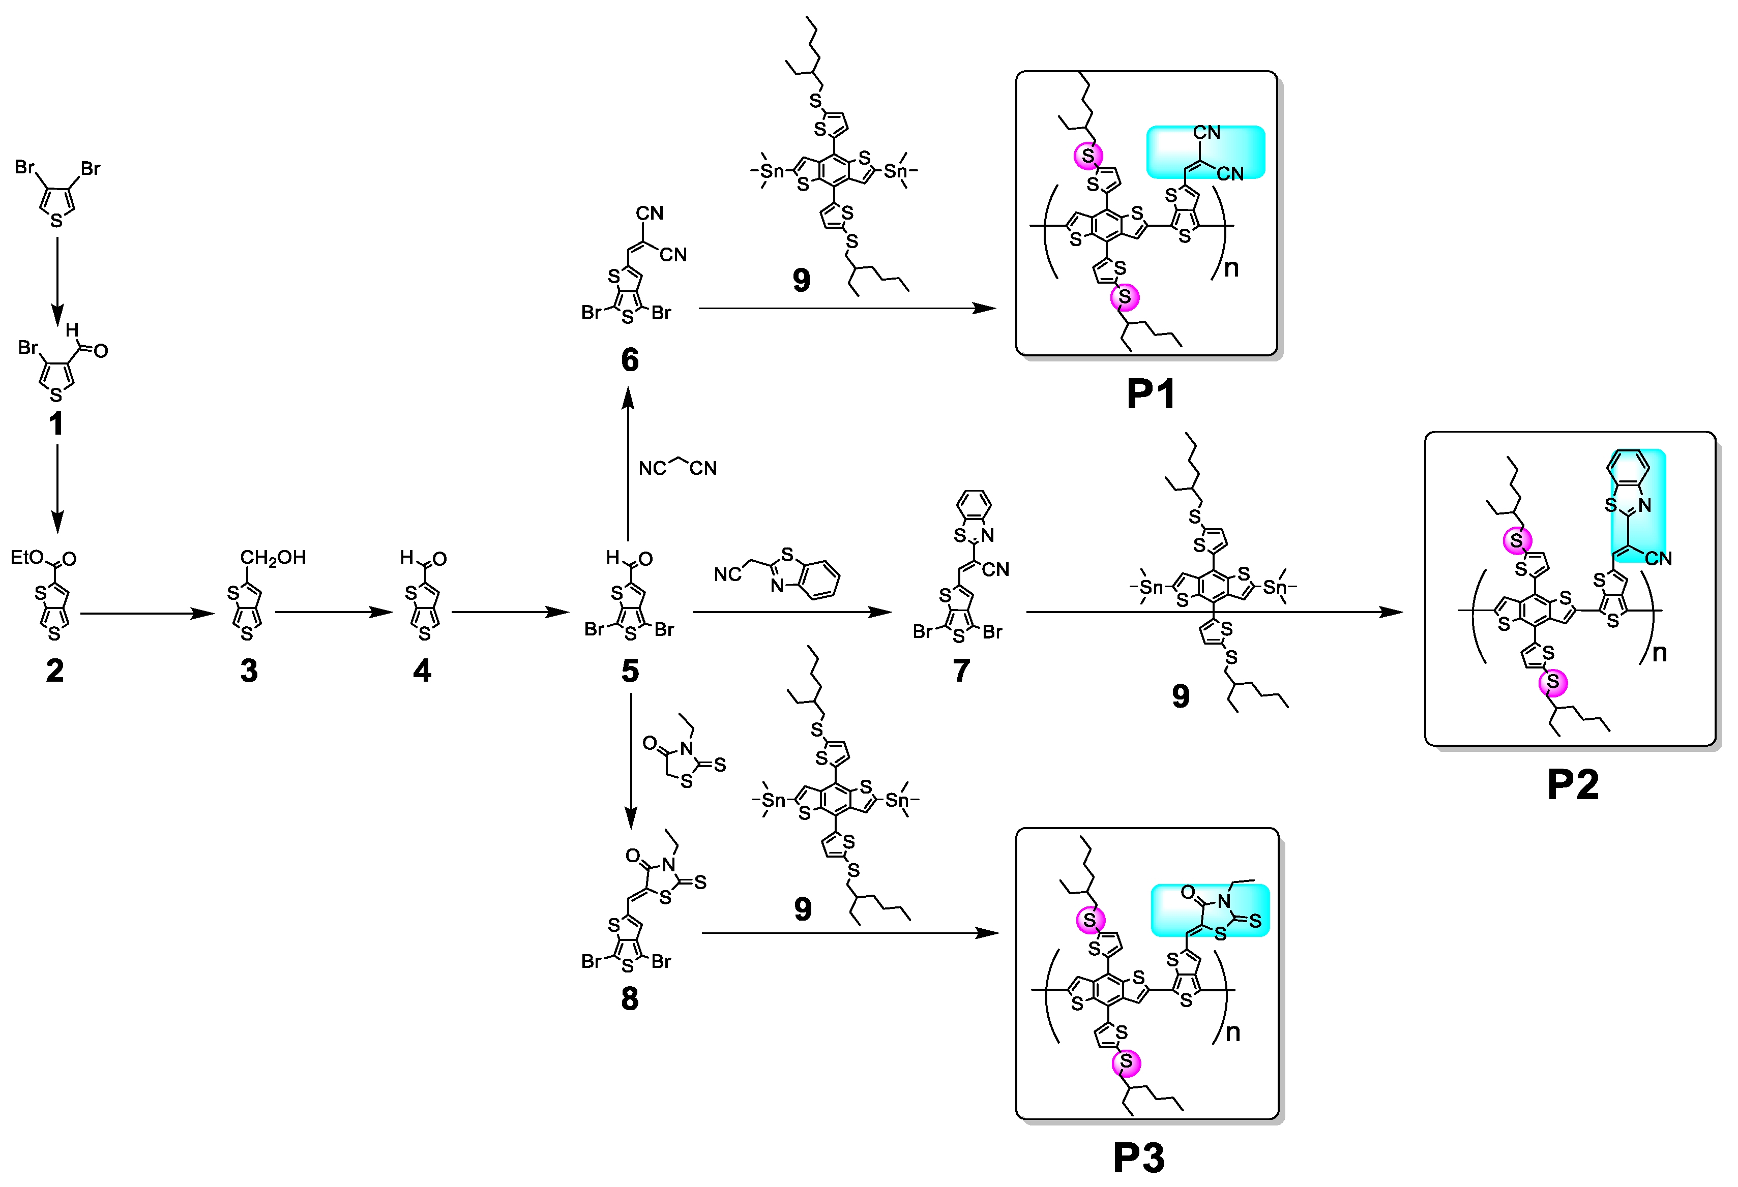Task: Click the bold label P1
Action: point(1150,394)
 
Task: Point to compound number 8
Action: point(630,998)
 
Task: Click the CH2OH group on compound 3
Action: point(273,557)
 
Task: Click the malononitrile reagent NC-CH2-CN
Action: point(677,467)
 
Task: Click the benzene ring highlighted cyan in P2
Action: point(1627,469)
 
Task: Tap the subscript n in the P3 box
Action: point(1232,1032)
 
